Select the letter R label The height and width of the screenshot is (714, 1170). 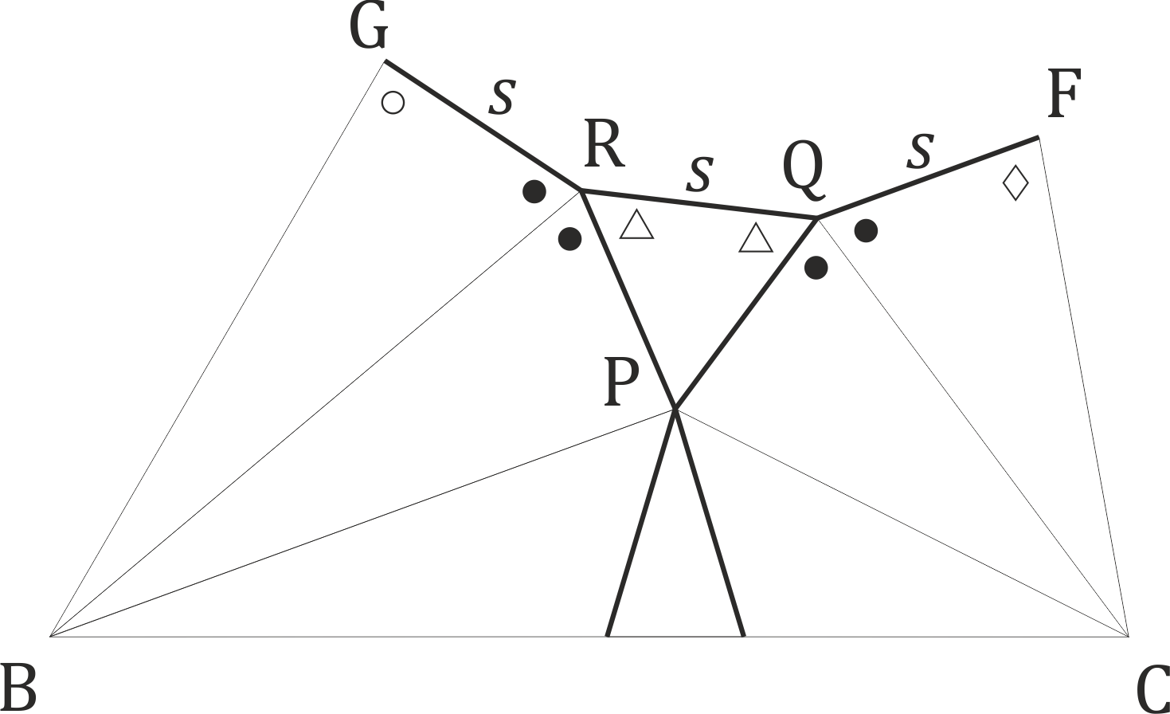605,143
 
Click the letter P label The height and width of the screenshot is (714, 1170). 621,381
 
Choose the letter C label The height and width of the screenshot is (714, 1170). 1152,689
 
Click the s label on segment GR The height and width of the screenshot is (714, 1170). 503,96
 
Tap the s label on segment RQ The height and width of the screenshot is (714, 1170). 699,173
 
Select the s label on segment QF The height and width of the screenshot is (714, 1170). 920,151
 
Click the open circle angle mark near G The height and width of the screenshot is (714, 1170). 393,103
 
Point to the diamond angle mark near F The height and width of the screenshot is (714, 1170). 1016,183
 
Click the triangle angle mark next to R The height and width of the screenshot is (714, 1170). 636,225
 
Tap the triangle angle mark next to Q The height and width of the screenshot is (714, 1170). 756,238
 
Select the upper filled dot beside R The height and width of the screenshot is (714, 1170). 534,192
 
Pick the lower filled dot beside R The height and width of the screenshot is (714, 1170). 569,239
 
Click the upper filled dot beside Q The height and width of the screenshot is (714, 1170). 866,230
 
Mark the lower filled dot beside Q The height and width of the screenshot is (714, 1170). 816,268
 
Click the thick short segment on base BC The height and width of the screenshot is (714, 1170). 676,636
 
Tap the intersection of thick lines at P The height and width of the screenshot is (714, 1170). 675,408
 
